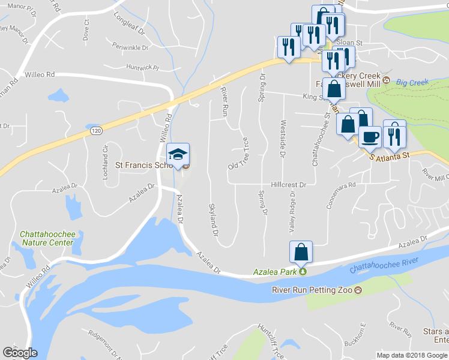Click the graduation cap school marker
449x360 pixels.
click(x=178, y=154)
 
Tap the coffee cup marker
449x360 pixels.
click(x=369, y=136)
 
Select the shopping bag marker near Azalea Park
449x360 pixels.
click(x=301, y=252)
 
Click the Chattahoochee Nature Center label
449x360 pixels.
click(x=46, y=238)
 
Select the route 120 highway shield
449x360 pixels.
click(x=95, y=130)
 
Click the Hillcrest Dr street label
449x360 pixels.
click(x=288, y=185)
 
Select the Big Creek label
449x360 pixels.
click(x=409, y=82)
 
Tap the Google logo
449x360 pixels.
click(x=20, y=353)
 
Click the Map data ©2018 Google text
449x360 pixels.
click(x=412, y=355)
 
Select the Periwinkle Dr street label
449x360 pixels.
click(x=130, y=46)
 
